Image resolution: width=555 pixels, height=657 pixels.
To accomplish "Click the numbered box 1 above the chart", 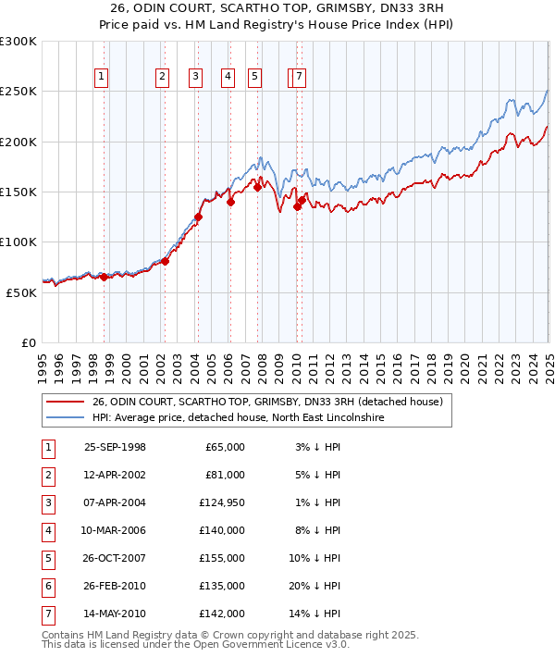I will coord(101,78).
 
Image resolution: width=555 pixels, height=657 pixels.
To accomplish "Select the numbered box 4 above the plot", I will coord(227,78).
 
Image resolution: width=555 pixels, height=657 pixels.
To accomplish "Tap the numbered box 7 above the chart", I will coord(300,78).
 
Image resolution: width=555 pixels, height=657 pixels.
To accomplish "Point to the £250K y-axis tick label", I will coord(19,92).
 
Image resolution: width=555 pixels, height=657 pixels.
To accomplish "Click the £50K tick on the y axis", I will coord(22,292).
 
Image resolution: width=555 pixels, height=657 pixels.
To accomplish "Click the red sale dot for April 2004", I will coord(198,217).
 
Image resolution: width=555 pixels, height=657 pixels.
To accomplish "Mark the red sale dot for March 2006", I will coord(230,203).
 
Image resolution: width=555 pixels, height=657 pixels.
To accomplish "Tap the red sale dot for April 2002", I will coord(165,261).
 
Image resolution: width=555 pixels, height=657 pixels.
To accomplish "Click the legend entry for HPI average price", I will coord(237,418).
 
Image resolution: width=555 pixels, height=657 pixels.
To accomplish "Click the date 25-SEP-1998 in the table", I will coord(115,447).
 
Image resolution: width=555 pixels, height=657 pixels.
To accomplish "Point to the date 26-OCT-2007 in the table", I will coord(115,558).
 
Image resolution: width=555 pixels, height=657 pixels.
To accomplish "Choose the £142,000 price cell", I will coord(222,614).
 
